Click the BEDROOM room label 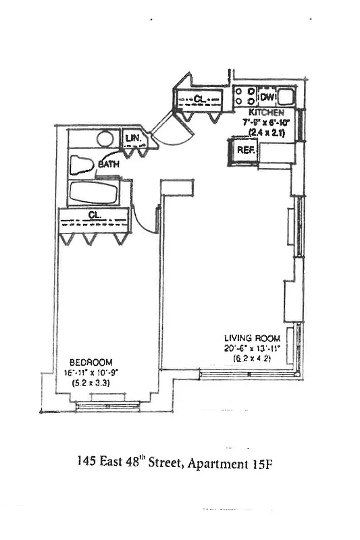point(91,362)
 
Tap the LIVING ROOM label point(248,338)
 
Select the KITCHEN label point(271,112)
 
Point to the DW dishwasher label point(266,97)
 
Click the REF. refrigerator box point(245,150)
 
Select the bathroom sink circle point(105,139)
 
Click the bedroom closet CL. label point(94,215)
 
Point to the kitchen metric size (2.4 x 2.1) point(271,132)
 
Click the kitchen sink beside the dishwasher point(286,96)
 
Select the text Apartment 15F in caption point(240,463)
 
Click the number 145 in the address point(86,463)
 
